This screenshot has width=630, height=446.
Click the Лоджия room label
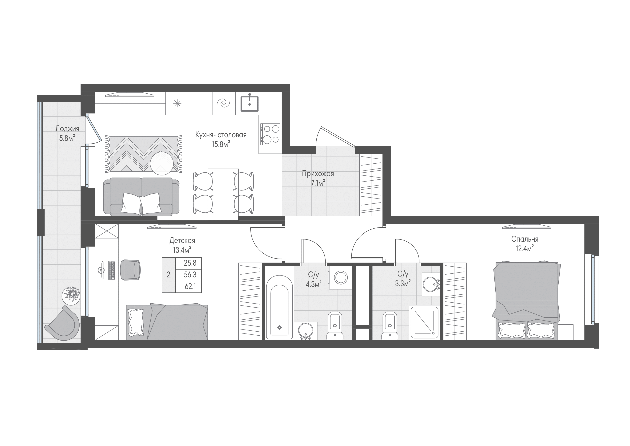pos(67,129)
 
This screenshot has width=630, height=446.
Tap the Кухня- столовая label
pos(221,135)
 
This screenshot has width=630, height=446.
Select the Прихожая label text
pos(318,174)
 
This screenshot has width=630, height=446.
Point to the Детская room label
pos(182,241)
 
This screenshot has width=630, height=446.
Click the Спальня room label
pos(525,239)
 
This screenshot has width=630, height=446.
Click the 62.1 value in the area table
pos(190,287)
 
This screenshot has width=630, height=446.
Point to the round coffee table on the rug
pos(162,163)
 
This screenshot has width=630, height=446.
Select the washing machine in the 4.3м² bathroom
pos(341,278)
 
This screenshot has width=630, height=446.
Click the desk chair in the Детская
pos(130,270)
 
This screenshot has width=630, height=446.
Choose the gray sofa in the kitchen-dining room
pos(141,196)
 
